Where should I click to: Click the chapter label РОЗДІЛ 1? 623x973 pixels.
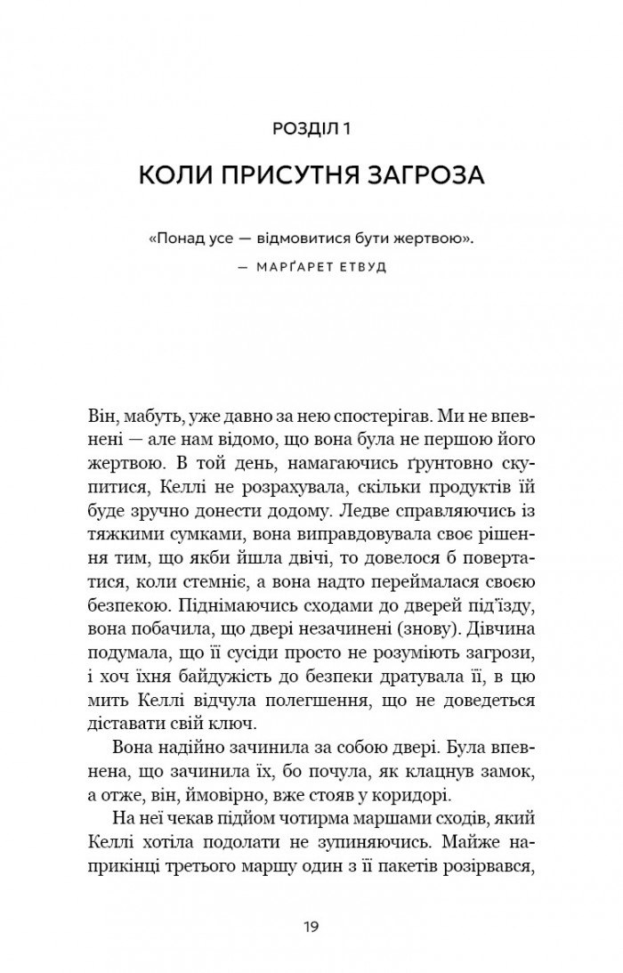point(311,129)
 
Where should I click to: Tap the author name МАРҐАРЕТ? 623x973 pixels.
point(281,267)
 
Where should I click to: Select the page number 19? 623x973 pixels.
point(311,927)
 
